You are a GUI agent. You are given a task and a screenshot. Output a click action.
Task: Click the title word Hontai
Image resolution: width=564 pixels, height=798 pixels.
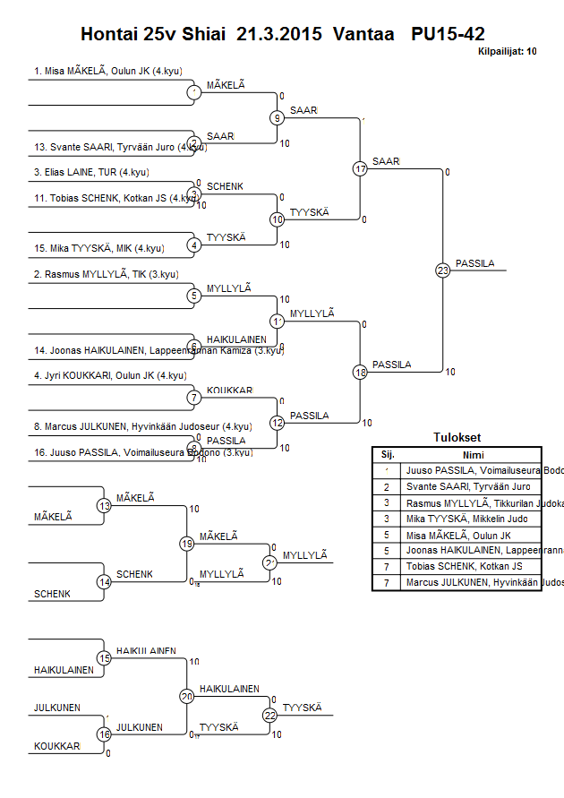(107, 35)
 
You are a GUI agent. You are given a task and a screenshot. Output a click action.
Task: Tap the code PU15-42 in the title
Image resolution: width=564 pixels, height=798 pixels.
(448, 35)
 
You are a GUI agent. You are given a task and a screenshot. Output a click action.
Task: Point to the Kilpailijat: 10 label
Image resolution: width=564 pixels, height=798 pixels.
(508, 52)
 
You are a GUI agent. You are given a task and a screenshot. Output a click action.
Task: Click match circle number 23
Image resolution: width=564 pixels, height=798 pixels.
(442, 270)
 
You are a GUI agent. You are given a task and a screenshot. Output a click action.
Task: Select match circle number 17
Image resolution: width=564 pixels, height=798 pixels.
(360, 168)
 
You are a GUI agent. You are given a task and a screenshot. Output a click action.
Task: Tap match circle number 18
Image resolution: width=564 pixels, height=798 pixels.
(360, 372)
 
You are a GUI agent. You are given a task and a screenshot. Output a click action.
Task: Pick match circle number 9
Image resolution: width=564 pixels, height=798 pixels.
(278, 117)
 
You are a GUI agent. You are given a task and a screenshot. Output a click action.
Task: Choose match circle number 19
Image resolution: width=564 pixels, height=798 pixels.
(187, 543)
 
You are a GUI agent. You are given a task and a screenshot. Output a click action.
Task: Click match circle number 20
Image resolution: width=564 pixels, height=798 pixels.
(187, 696)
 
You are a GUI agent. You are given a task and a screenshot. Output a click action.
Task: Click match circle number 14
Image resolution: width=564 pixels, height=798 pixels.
(104, 581)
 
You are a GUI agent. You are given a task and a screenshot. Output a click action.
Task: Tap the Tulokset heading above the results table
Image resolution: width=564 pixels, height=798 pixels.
(457, 438)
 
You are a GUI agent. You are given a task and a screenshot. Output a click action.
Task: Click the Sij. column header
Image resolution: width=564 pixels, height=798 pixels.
(388, 454)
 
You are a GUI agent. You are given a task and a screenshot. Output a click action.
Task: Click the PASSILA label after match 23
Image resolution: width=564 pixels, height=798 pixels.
(474, 263)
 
